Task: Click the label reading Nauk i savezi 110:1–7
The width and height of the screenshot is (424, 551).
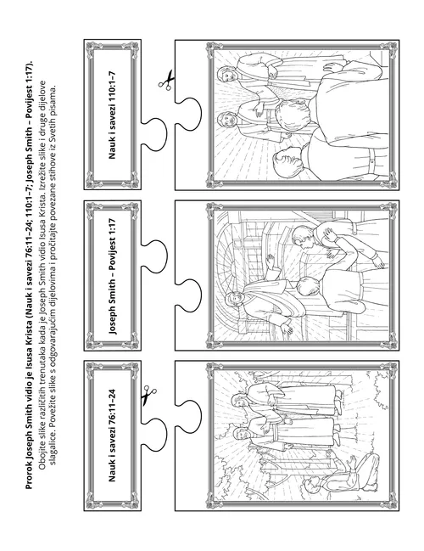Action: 112,115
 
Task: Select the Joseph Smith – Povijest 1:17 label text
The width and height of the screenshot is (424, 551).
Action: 112,277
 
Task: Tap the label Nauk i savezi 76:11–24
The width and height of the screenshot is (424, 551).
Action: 112,436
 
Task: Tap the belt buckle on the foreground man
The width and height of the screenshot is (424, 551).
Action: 372,161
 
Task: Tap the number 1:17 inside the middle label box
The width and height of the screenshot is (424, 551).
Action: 112,229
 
